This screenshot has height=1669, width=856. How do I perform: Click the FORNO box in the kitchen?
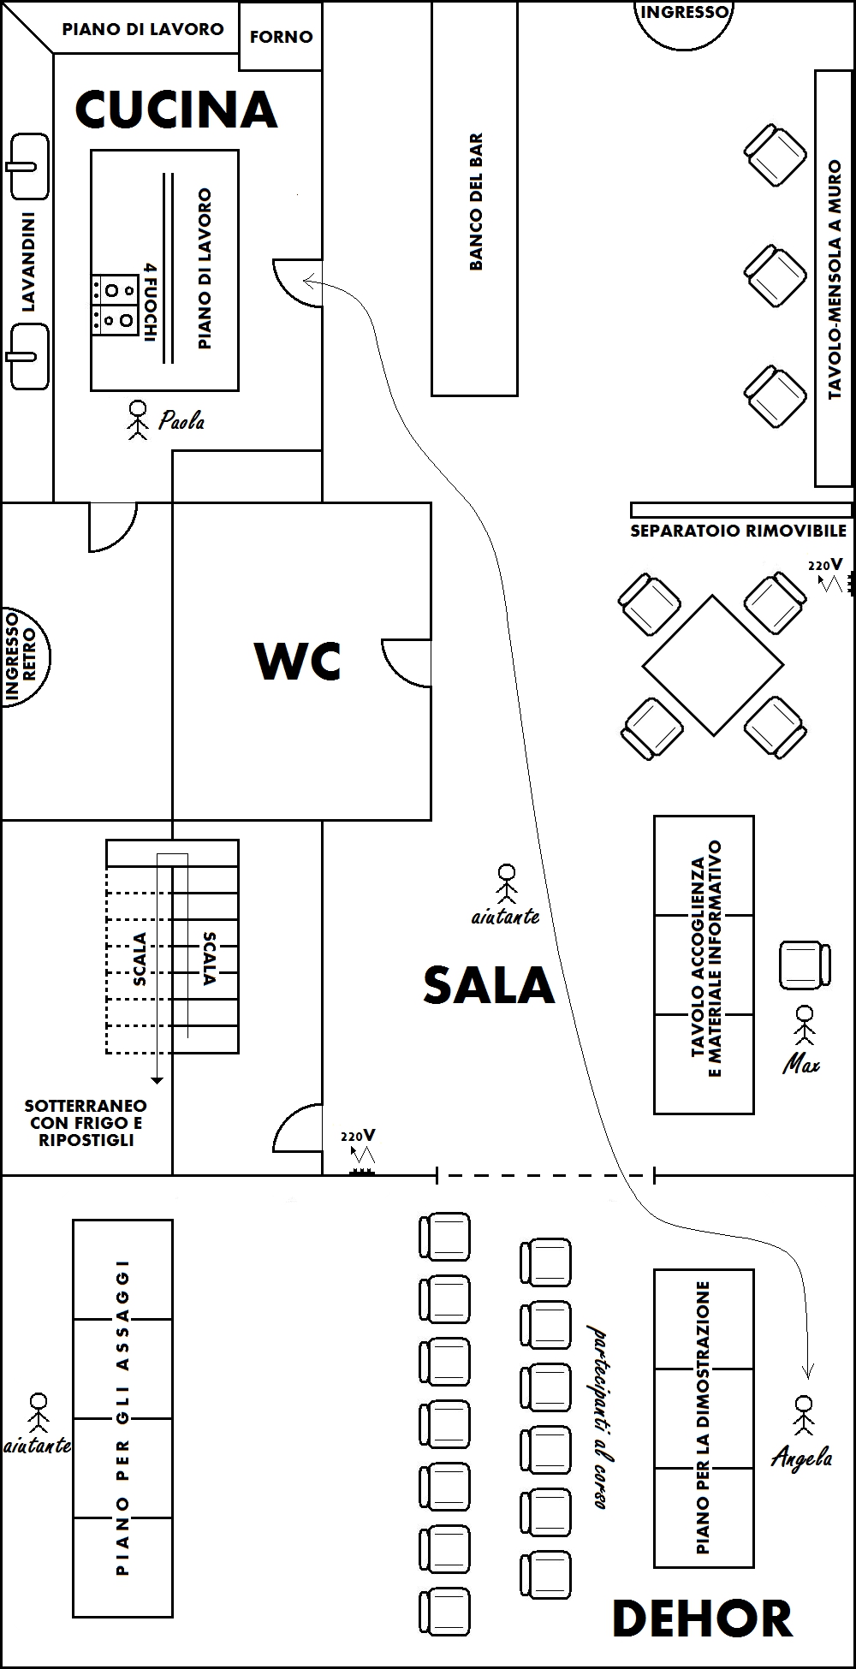coord(281,37)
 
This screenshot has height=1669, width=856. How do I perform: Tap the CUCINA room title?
coord(176,110)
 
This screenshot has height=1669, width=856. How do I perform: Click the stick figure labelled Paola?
coord(137,419)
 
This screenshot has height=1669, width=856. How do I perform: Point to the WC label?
coord(298,661)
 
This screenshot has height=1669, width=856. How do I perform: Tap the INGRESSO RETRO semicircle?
coord(24,656)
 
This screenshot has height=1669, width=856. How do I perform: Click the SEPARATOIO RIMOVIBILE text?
coord(738,531)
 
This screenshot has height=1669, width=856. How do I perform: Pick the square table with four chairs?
coord(712,665)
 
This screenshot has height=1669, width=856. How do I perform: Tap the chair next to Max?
coord(804,965)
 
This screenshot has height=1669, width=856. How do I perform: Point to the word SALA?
coord(489,985)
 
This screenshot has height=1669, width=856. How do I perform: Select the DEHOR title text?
coord(702,1619)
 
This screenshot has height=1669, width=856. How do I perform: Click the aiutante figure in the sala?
coord(507,883)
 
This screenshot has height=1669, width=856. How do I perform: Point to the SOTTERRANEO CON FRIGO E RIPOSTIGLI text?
coord(86,1123)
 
